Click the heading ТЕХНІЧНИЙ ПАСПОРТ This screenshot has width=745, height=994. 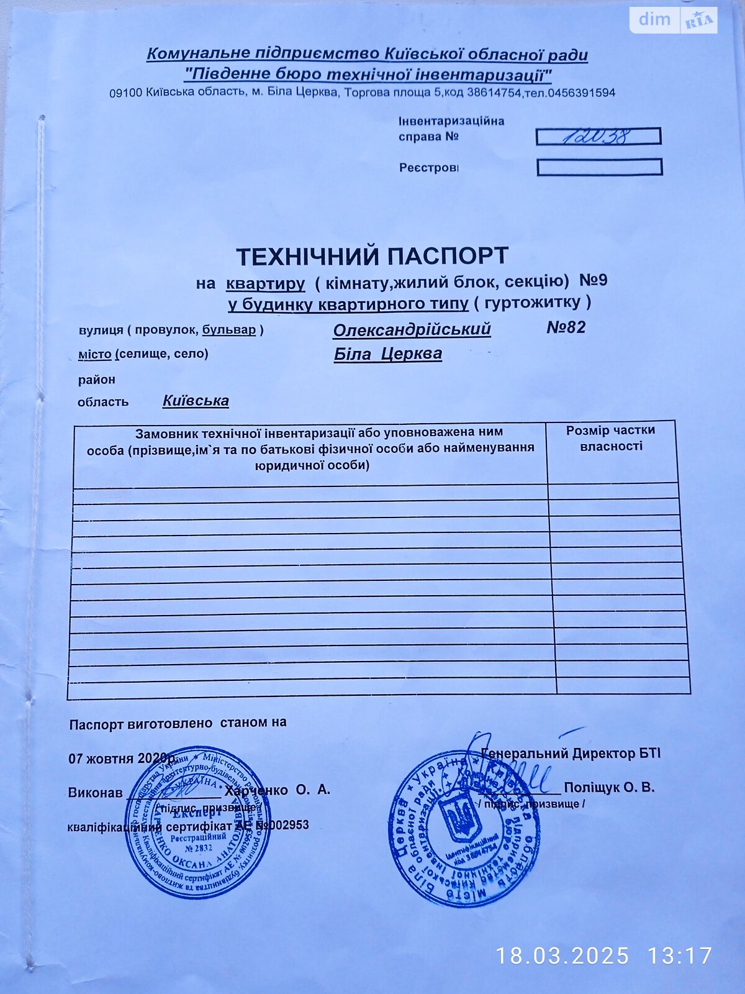(372, 255)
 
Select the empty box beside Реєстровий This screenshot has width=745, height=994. (599, 167)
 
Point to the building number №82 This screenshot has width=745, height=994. (566, 327)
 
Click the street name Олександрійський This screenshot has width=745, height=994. (412, 329)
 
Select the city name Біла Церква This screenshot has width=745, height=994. (388, 354)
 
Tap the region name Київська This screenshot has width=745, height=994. (196, 401)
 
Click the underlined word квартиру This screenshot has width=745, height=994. (265, 284)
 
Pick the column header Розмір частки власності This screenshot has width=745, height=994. (610, 438)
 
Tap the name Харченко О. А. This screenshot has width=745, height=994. (278, 790)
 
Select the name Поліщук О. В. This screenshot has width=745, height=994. (609, 788)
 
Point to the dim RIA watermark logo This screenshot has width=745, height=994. (673, 20)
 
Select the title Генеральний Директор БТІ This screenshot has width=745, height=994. (571, 754)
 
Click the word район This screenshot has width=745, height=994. (96, 379)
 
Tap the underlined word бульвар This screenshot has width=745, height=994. (228, 330)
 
